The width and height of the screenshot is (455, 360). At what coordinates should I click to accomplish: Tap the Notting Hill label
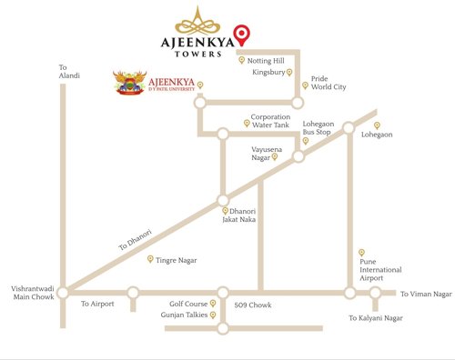pos(266,60)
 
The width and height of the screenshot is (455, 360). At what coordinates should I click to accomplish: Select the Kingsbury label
pos(268,72)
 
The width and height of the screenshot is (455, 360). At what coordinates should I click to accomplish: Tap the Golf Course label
pos(188,305)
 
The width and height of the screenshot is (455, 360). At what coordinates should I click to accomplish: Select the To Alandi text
pos(64,73)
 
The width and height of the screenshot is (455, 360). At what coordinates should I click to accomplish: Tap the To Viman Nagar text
pos(426,295)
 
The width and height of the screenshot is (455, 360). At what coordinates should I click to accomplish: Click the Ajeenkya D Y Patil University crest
pos(129,85)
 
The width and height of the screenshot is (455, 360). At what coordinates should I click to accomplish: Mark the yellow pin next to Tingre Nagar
pos(151,259)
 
